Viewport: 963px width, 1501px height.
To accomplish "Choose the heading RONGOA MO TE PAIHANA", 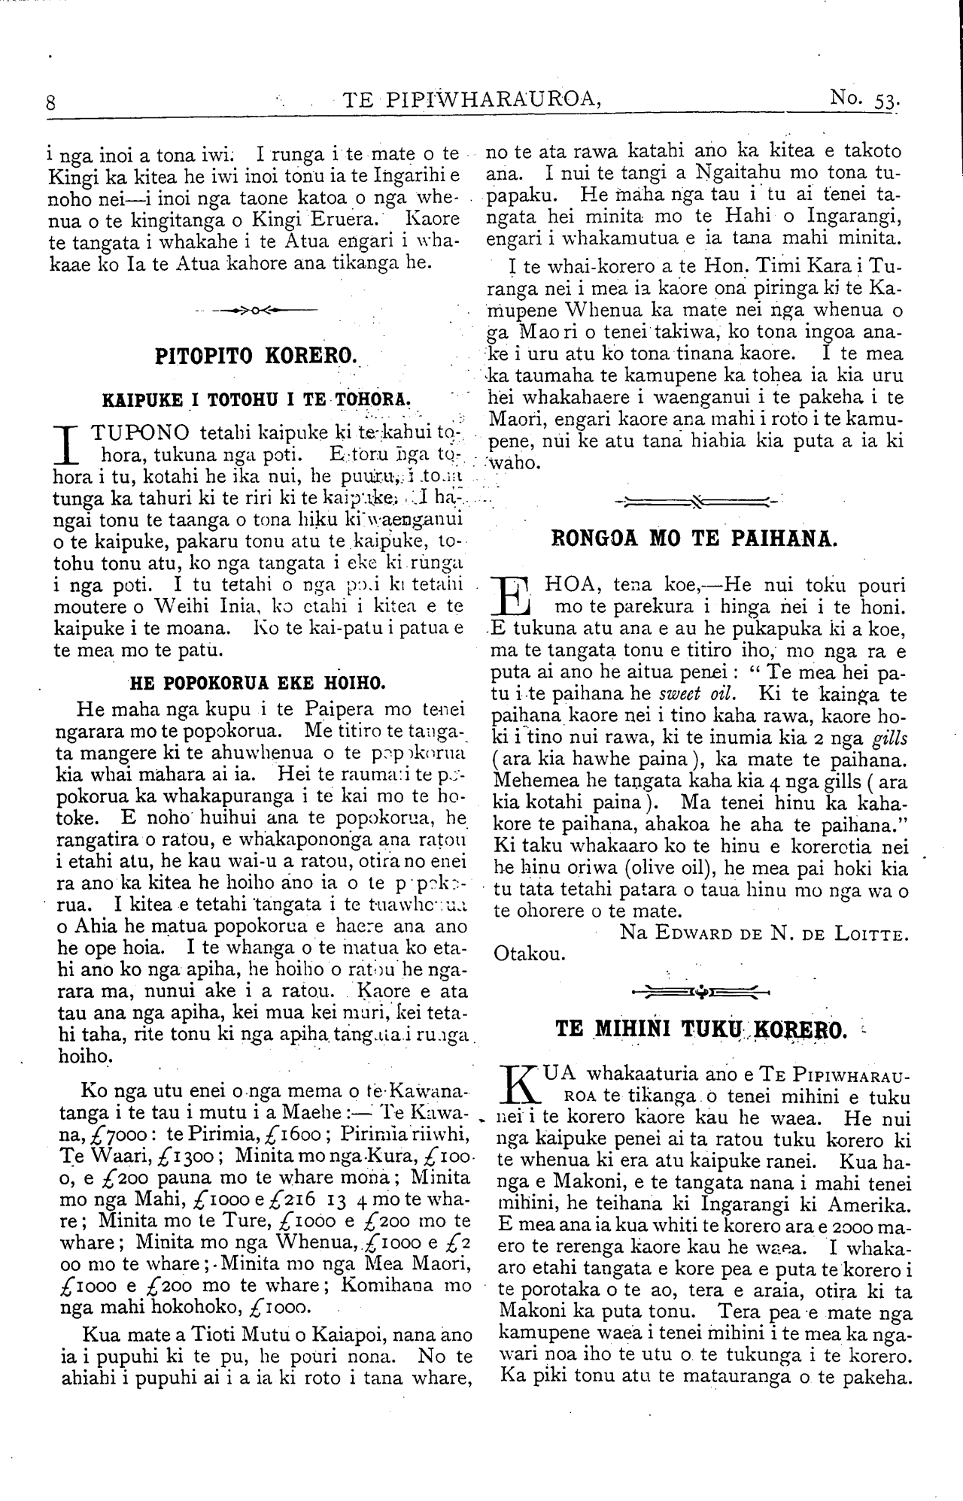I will pyautogui.click(x=693, y=538).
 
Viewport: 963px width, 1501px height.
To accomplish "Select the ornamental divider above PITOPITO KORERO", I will pyautogui.click(x=255, y=310).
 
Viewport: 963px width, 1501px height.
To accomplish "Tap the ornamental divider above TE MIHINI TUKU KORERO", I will pyautogui.click(x=700, y=990).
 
